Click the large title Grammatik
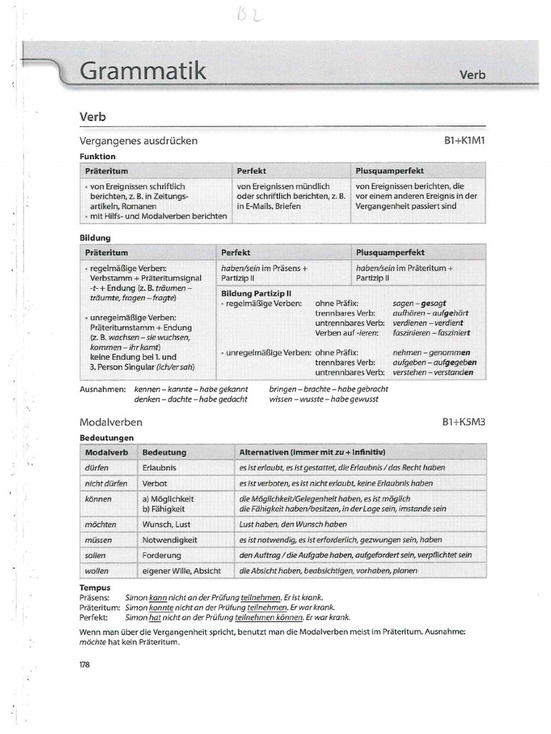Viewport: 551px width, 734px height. [143, 72]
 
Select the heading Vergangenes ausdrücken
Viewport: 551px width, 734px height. [138, 141]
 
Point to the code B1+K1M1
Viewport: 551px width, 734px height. [465, 141]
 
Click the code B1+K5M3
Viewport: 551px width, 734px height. [464, 423]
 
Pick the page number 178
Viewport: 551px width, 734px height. [85, 664]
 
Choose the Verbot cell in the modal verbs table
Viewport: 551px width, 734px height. [155, 483]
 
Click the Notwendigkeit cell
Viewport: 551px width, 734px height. [169, 539]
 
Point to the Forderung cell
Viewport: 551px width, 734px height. [162, 555]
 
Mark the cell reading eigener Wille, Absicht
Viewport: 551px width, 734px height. [182, 571]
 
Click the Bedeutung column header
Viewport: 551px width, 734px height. [164, 452]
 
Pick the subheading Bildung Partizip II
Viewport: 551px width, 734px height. [256, 293]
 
